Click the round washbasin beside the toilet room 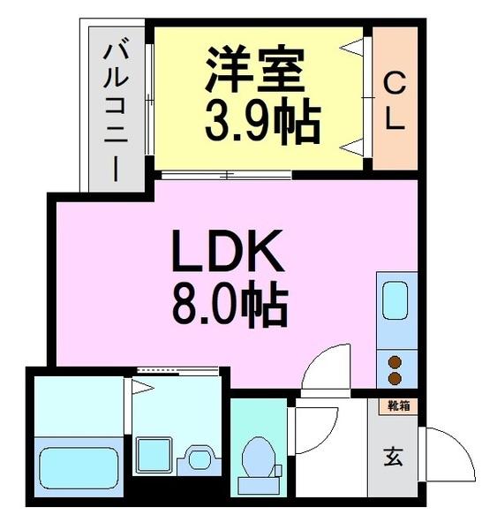pos(200,458)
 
